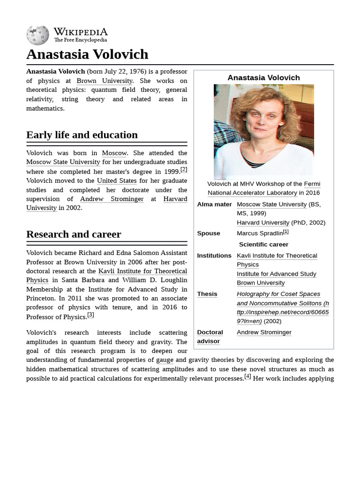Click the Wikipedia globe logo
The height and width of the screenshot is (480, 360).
click(x=37, y=35)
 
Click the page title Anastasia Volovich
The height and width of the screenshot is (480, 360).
click(x=87, y=54)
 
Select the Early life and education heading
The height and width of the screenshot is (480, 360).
click(x=82, y=135)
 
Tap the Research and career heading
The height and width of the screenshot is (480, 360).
click(x=74, y=234)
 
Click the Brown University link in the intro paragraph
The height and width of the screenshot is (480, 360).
click(x=105, y=81)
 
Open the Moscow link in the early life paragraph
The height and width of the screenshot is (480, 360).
click(x=114, y=153)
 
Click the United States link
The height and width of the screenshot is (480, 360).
click(x=117, y=180)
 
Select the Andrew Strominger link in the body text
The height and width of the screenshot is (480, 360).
click(x=112, y=199)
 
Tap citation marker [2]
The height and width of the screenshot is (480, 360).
click(x=184, y=169)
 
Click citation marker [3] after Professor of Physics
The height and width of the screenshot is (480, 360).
click(x=90, y=315)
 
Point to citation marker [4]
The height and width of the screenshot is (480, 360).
click(x=247, y=376)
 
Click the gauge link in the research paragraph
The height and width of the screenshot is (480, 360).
click(x=165, y=360)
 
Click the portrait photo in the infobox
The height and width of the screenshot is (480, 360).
click(x=263, y=132)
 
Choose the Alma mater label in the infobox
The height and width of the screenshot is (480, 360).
click(x=214, y=204)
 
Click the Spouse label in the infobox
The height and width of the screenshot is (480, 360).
click(x=209, y=233)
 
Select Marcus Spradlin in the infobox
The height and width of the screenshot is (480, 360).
click(x=260, y=233)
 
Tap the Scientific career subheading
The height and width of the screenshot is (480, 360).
click(x=263, y=245)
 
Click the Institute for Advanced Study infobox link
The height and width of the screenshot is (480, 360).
click(x=276, y=274)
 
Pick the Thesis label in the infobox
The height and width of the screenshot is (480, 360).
click(x=207, y=294)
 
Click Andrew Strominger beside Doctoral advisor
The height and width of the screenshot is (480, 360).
click(x=264, y=332)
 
